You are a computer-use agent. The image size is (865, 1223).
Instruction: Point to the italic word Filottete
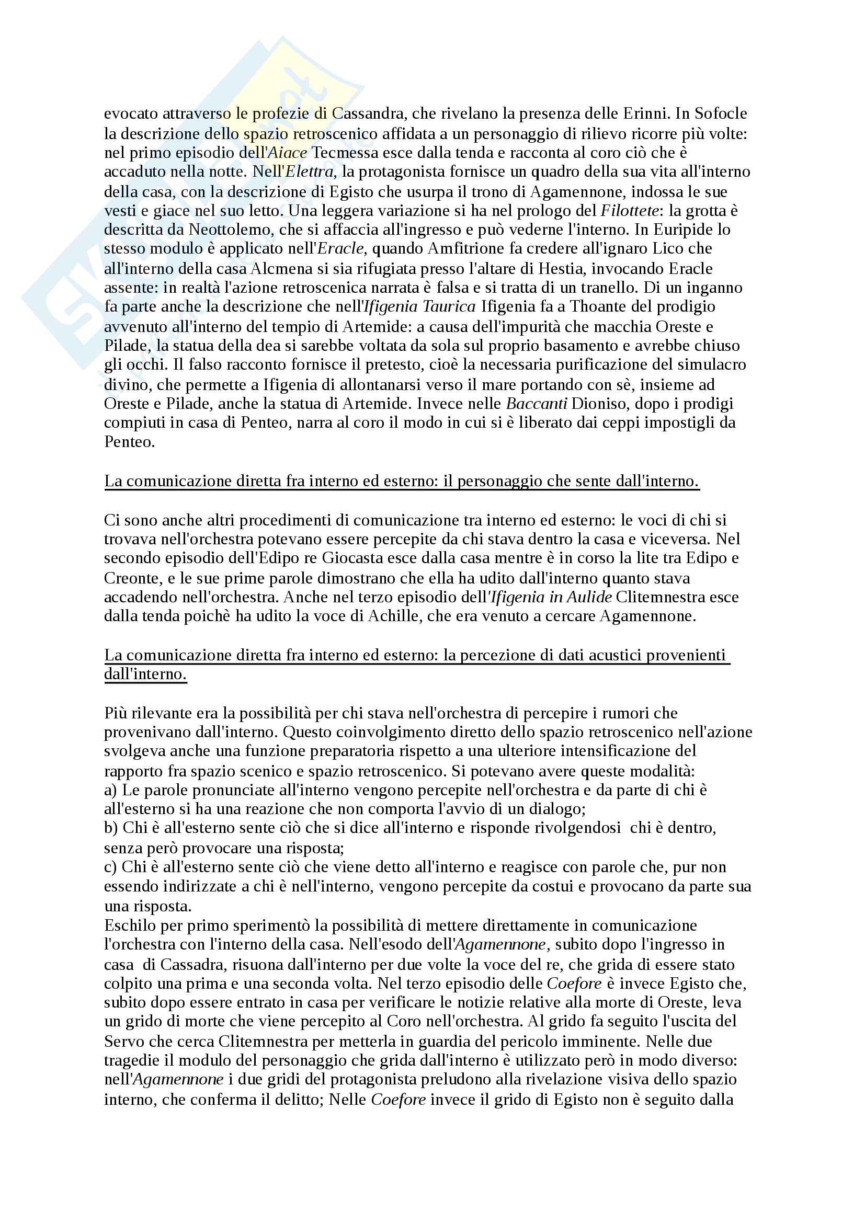point(629,211)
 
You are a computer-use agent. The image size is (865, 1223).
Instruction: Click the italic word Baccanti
point(537,404)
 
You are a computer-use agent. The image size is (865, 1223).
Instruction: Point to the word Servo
point(124,1042)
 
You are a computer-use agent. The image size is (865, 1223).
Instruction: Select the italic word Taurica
point(449,307)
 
